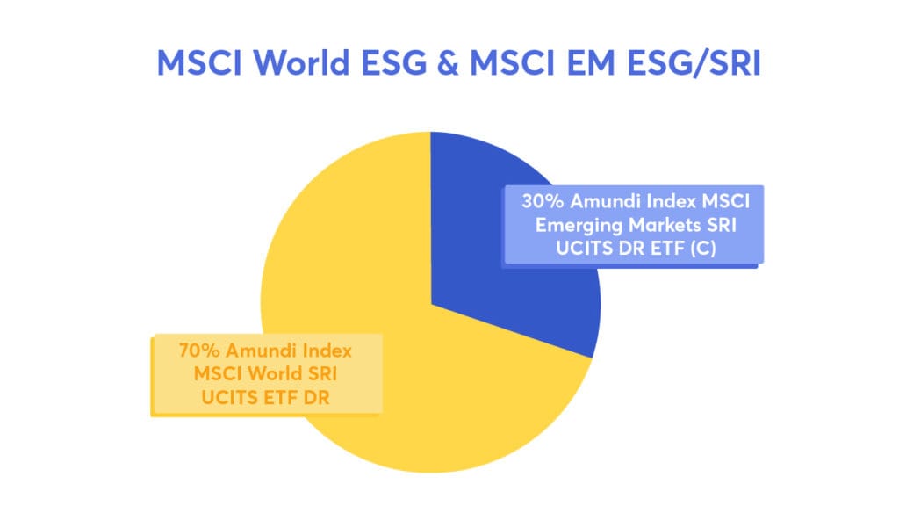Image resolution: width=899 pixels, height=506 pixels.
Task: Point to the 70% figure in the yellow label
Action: tap(196, 351)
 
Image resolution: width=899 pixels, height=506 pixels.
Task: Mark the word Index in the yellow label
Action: tap(324, 351)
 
